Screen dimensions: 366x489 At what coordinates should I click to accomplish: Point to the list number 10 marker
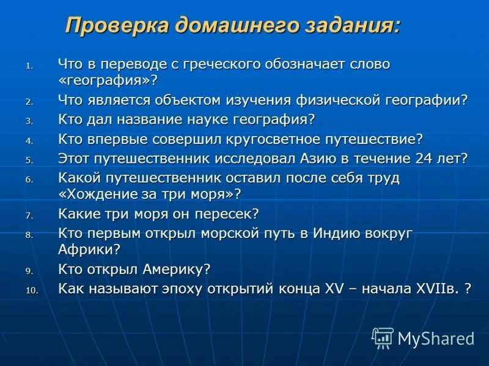32,291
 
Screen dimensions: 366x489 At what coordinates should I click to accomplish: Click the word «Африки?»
89,249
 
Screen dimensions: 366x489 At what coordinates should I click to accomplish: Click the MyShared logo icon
383,337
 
